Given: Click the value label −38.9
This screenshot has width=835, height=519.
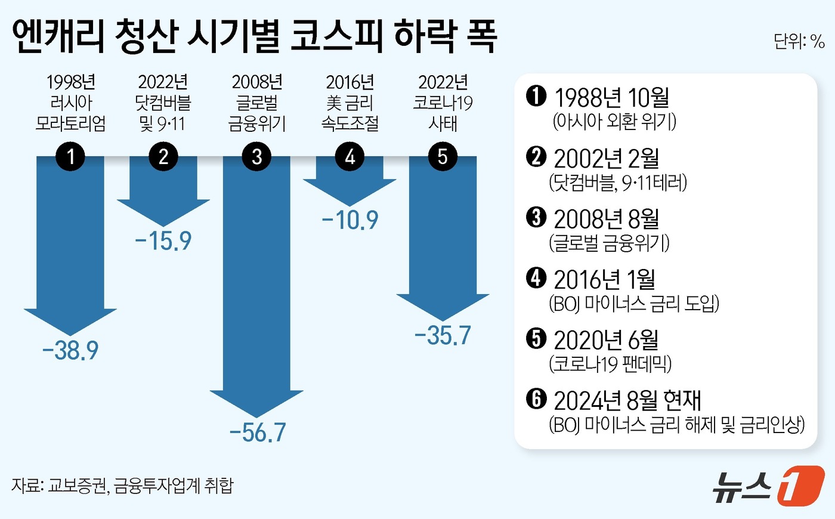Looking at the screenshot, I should (x=70, y=351).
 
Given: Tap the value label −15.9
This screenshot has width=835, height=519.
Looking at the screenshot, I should (x=163, y=241).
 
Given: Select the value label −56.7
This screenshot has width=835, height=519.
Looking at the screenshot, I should (x=257, y=432).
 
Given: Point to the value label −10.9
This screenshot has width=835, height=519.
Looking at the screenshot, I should (x=350, y=220).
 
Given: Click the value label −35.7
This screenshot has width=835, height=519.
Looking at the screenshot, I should (x=443, y=335).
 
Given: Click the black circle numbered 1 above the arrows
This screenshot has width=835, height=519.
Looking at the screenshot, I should (x=70, y=157).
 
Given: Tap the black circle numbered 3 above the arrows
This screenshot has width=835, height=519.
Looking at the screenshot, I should (x=257, y=157).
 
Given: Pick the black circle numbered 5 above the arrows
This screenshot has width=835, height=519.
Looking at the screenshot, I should (x=443, y=157).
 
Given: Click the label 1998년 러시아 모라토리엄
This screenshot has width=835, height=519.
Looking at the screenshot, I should (x=70, y=103).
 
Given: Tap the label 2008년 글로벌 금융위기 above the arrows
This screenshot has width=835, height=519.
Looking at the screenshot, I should (x=257, y=103).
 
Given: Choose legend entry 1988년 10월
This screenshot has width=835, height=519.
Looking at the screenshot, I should (x=611, y=97).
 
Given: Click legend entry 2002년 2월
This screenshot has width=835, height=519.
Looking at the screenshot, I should (x=606, y=158).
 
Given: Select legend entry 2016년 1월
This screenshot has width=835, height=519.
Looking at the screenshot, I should (x=604, y=279).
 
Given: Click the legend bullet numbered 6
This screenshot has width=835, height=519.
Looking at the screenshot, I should (x=536, y=398).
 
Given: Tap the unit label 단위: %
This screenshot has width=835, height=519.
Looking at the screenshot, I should (x=799, y=41).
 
